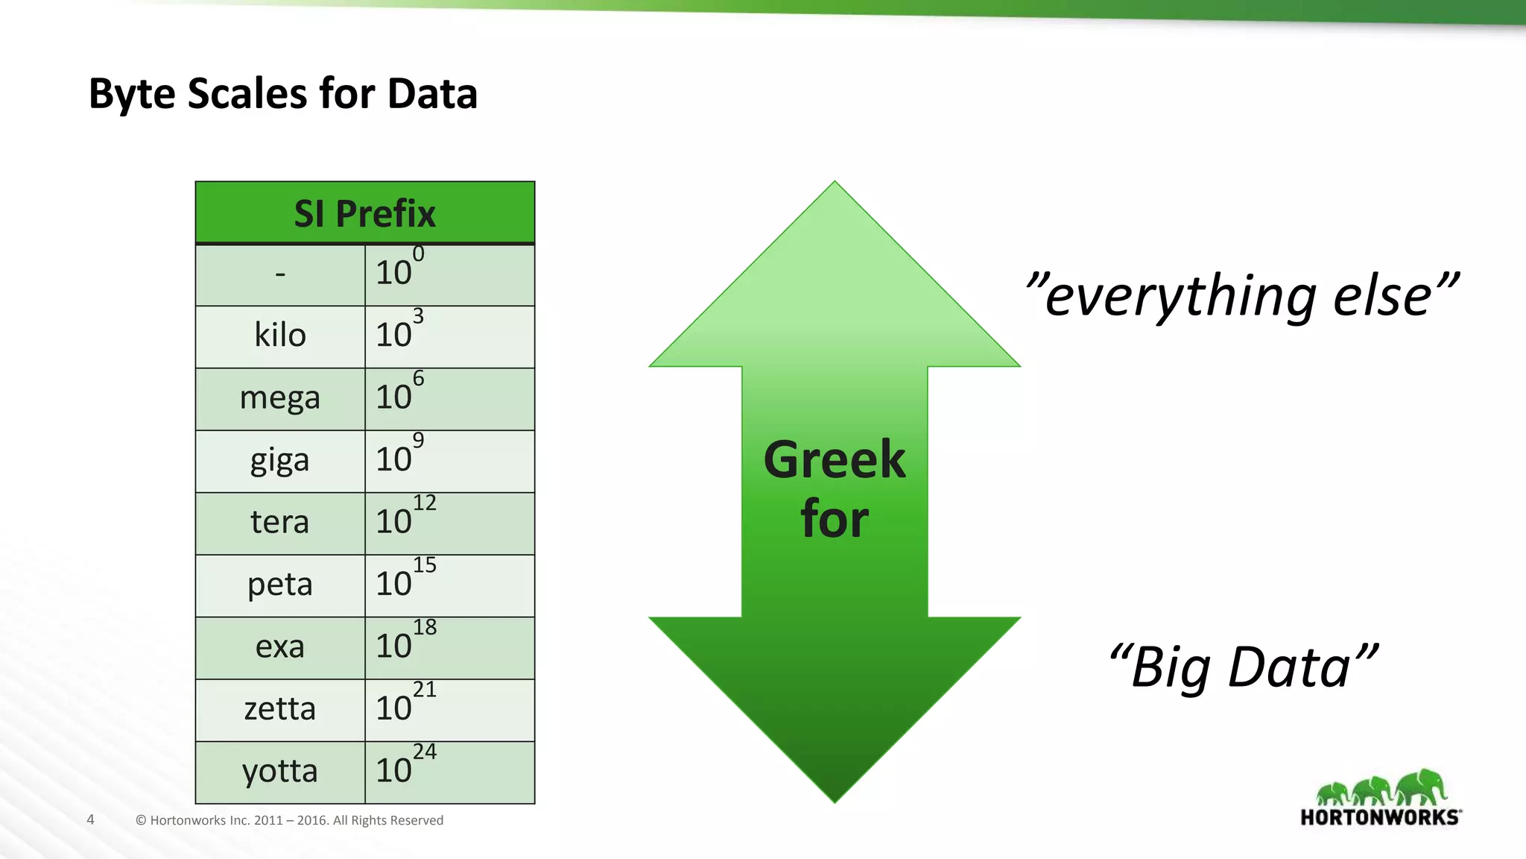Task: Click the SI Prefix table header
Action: [364, 213]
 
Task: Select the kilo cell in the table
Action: [280, 336]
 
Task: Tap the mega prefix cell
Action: [280, 398]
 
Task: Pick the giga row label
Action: [280, 461]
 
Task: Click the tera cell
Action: [280, 522]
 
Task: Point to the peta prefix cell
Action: [280, 585]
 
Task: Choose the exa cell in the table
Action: [280, 646]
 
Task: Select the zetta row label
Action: [280, 708]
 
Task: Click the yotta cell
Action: [280, 771]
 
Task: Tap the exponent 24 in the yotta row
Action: [425, 752]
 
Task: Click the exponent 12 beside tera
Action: [425, 503]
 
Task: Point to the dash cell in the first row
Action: [280, 274]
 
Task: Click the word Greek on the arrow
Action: [835, 460]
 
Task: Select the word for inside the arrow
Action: [835, 520]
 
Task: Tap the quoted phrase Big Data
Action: [1243, 667]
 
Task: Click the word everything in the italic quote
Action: [1181, 297]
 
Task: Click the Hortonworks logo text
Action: [1380, 817]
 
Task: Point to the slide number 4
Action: [91, 820]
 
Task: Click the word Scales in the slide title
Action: [247, 94]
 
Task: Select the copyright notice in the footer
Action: [289, 820]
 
